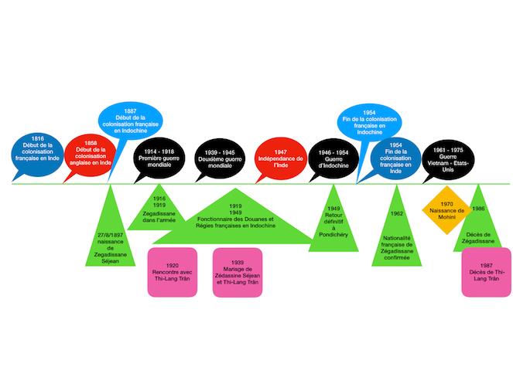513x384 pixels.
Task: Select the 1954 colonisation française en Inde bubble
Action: [396, 158]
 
